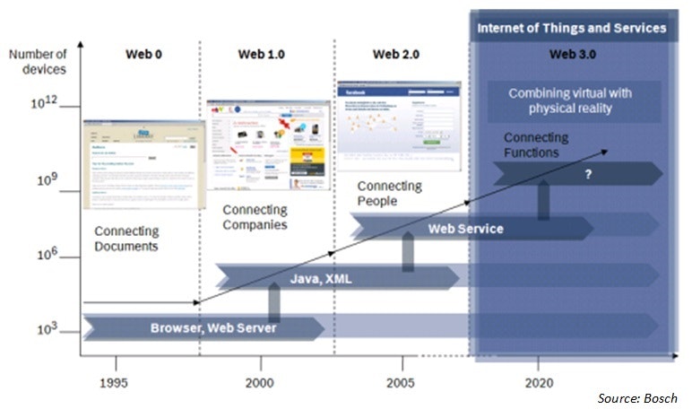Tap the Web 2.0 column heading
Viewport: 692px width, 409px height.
click(397, 55)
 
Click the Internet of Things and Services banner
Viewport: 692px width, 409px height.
click(572, 28)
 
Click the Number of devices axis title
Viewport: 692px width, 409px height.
click(39, 62)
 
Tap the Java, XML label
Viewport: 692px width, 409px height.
click(320, 279)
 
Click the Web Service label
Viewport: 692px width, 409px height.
click(465, 229)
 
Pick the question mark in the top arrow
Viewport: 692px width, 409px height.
click(588, 175)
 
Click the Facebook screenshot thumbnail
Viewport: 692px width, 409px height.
click(398, 125)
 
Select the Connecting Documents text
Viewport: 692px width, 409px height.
click(126, 239)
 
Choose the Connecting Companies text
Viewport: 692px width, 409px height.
click(255, 216)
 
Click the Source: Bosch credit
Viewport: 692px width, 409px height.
click(637, 397)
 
